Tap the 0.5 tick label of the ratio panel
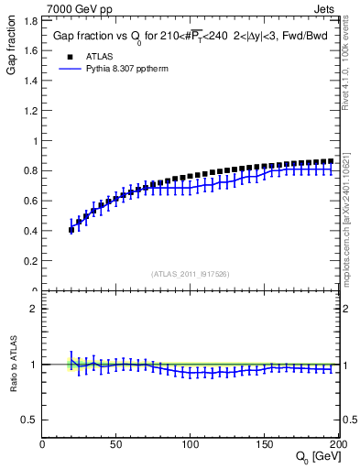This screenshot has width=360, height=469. point(29,420)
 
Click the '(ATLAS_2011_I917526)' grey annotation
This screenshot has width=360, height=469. point(191,272)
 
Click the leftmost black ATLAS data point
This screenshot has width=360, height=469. point(71,230)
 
